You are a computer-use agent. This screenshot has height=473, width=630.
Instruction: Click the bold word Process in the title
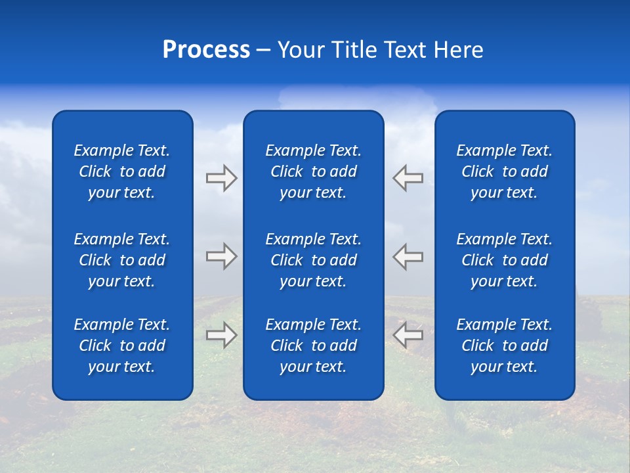pyautogui.click(x=206, y=50)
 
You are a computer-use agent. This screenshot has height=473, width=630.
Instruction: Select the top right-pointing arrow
pyautogui.click(x=221, y=178)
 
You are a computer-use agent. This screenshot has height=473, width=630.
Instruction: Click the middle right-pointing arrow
pyautogui.click(x=221, y=256)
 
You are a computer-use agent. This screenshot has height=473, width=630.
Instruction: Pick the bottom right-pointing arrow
pyautogui.click(x=221, y=334)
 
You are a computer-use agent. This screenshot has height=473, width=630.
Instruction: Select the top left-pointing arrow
pyautogui.click(x=408, y=178)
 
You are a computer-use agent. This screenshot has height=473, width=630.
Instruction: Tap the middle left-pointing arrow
pyautogui.click(x=408, y=256)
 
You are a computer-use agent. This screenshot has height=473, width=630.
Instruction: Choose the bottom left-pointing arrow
pyautogui.click(x=408, y=334)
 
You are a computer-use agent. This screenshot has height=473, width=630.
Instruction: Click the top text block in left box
pyautogui.click(x=122, y=171)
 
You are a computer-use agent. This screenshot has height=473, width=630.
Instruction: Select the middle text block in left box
pyautogui.click(x=122, y=260)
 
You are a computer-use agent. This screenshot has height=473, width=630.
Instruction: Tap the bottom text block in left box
pyautogui.click(x=122, y=346)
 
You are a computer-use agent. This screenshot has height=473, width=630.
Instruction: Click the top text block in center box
pyautogui.click(x=313, y=171)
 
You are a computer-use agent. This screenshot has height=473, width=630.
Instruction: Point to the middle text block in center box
pyautogui.click(x=313, y=260)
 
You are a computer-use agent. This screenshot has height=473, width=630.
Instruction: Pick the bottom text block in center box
pyautogui.click(x=313, y=346)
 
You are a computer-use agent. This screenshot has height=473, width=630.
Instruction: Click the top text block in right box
pyautogui.click(x=504, y=171)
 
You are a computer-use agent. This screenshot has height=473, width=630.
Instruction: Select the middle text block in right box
pyautogui.click(x=504, y=260)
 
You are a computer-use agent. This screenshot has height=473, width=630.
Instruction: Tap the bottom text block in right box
pyautogui.click(x=504, y=346)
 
